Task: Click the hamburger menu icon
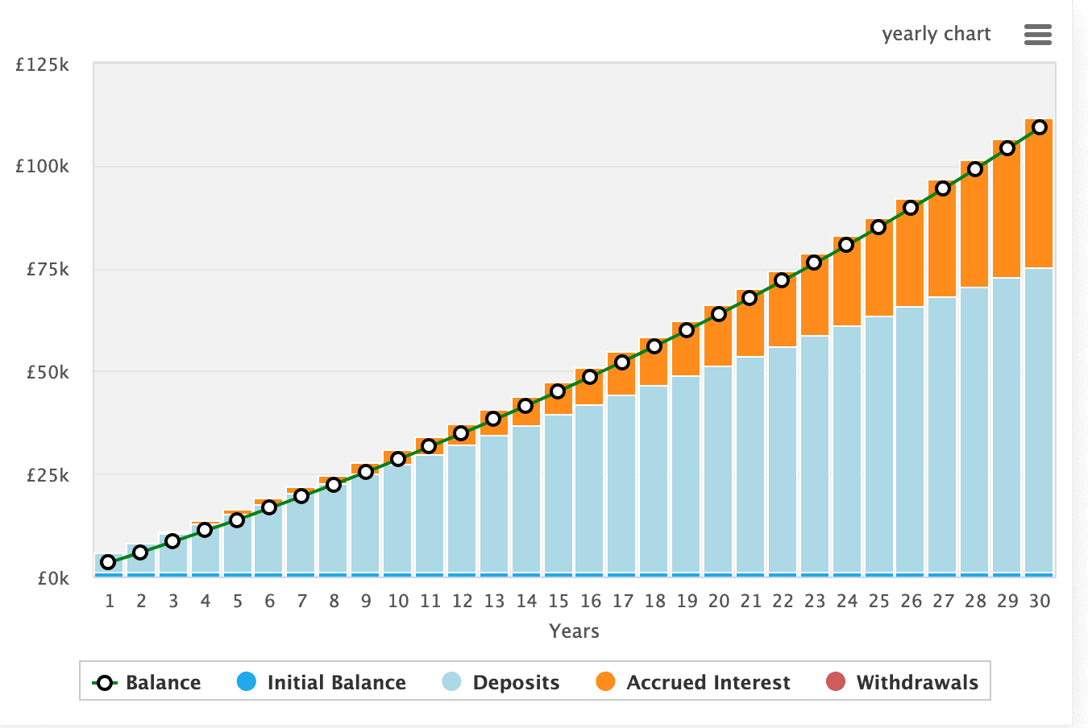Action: click(x=1037, y=34)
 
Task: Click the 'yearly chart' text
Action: click(x=936, y=34)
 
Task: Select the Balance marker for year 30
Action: click(x=1040, y=127)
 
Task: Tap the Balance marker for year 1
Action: click(x=108, y=562)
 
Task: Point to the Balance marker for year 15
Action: click(x=558, y=391)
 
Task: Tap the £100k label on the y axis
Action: click(x=43, y=167)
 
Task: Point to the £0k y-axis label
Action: click(x=53, y=578)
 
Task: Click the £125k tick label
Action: click(x=43, y=64)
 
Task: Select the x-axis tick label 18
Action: click(x=654, y=601)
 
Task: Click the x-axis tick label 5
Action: click(x=238, y=601)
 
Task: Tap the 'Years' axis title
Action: click(x=574, y=631)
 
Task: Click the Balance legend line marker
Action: click(x=105, y=683)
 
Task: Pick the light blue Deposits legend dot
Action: click(x=452, y=682)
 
